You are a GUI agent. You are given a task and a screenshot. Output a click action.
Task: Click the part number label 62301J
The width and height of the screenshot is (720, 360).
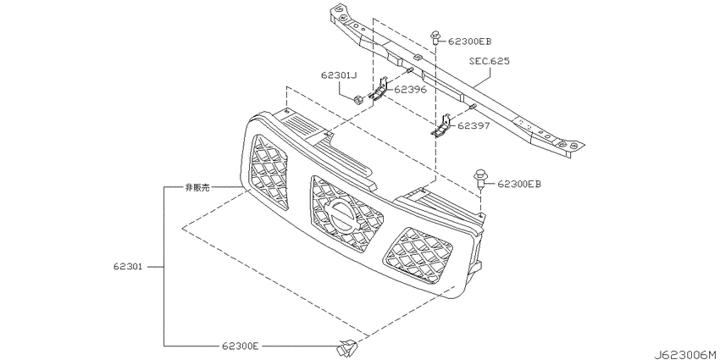tap(339, 75)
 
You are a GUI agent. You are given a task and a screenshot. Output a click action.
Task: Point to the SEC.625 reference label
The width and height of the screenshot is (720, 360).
tap(490, 61)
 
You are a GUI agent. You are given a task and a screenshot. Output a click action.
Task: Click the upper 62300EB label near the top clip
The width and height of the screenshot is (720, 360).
tap(469, 42)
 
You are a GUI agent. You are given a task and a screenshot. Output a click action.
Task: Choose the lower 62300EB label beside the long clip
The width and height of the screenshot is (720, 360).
tap(519, 184)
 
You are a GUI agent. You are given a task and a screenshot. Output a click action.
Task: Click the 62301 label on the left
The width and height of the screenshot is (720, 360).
tap(128, 266)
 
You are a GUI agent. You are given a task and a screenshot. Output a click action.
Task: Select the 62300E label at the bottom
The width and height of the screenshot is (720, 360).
tap(241, 346)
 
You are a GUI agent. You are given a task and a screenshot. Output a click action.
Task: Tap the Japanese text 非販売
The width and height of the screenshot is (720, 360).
tap(197, 188)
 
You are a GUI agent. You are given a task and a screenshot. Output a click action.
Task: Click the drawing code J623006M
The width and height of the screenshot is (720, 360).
tap(686, 355)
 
